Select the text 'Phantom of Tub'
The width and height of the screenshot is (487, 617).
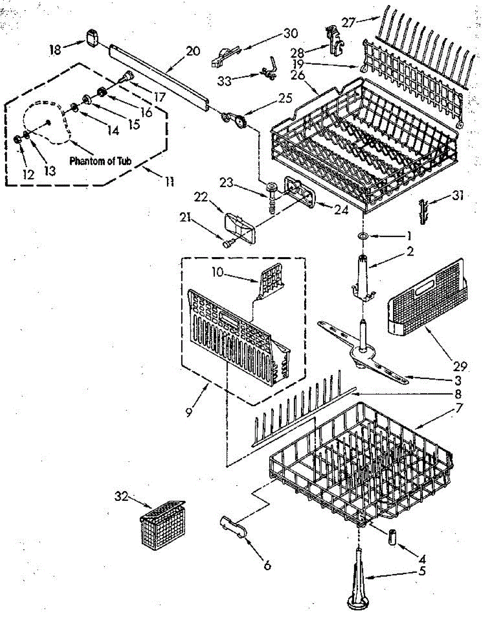click(x=100, y=161)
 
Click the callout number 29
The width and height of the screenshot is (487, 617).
click(x=460, y=366)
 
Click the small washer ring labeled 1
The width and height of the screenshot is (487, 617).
click(x=363, y=236)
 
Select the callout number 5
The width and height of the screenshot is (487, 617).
click(x=422, y=570)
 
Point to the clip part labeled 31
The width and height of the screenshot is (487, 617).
click(x=423, y=210)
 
